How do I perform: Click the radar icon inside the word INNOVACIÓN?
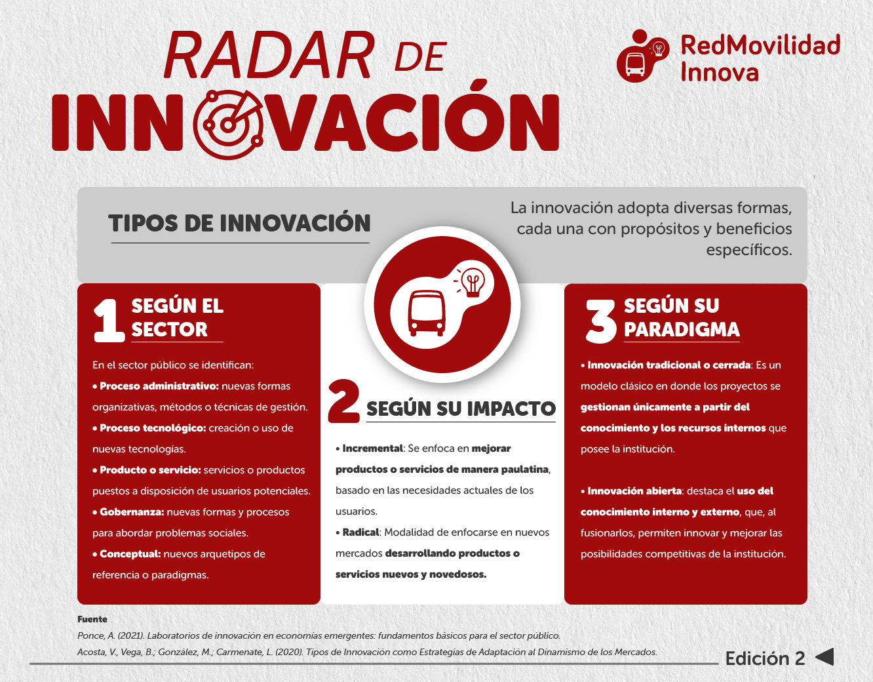coord(228,125)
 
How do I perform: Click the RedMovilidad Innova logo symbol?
coord(643,56)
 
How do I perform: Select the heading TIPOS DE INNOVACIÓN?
coord(239,223)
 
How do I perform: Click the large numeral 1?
coord(109,321)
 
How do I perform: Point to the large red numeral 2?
coord(343,401)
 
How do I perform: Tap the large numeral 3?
coord(600,321)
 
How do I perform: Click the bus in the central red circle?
coord(427,313)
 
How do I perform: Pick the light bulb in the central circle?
coord(473,282)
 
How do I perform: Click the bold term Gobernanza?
coord(131,512)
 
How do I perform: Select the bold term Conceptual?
coord(130,554)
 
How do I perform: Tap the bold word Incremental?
coord(372,449)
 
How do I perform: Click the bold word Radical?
coord(360,532)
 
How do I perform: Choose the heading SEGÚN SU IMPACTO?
coord(461,409)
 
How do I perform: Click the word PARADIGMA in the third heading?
coord(682,330)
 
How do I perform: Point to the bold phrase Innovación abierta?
coord(634,491)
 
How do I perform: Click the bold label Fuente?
coord(92,619)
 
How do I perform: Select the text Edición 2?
coord(765,658)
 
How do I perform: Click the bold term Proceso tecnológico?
coord(153,428)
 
